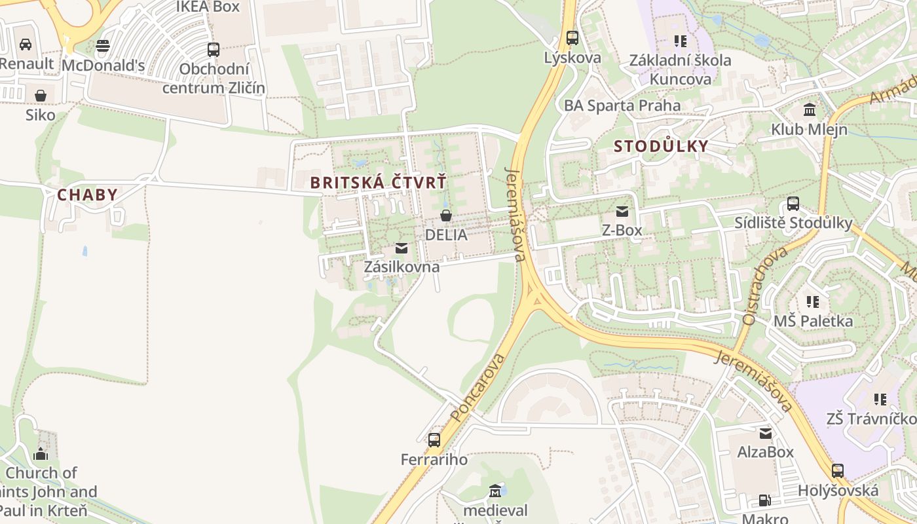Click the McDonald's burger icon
(103, 45)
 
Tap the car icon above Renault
(26, 44)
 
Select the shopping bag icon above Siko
(41, 96)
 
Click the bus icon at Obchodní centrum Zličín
(213, 49)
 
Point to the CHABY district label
(87, 195)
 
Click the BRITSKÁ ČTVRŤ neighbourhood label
(378, 183)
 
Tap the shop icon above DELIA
(446, 215)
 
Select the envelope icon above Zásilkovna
(402, 248)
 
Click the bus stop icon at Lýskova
(572, 38)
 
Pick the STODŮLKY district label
(661, 146)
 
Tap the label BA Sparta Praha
(622, 105)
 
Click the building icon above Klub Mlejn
(810, 109)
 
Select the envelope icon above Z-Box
(622, 211)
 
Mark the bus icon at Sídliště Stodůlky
(793, 203)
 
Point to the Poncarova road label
(478, 387)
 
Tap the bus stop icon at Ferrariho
(434, 440)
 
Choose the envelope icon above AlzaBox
(765, 432)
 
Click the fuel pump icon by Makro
(764, 500)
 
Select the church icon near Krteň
(41, 453)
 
